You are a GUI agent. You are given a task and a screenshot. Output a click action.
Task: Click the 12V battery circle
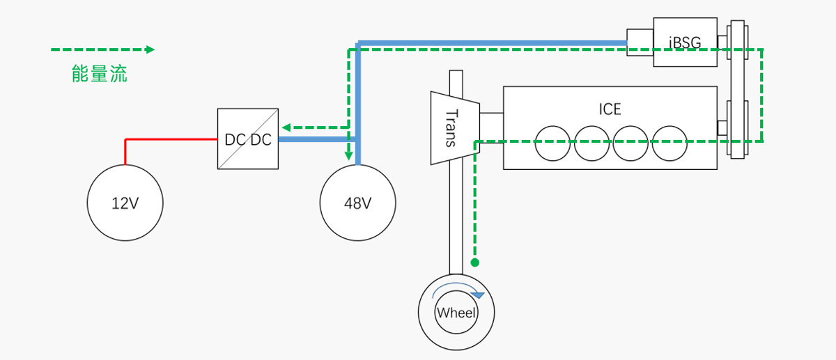(x=125, y=203)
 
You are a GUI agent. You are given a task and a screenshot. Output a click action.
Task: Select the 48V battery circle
(x=357, y=203)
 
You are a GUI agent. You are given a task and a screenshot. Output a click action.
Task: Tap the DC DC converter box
(x=248, y=139)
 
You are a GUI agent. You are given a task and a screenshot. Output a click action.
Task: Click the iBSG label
(x=685, y=43)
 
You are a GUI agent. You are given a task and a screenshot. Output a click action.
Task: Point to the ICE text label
(x=610, y=109)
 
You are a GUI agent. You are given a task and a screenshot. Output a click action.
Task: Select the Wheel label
(x=456, y=313)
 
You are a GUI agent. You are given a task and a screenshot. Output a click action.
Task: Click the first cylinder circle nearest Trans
(x=552, y=142)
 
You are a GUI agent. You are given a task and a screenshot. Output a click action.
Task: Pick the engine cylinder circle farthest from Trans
(x=669, y=142)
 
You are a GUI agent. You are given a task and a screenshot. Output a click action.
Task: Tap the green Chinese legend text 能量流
(x=100, y=74)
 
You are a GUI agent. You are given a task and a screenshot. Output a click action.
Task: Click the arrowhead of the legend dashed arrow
(x=149, y=49)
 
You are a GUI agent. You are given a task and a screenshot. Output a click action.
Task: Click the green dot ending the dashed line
(x=475, y=263)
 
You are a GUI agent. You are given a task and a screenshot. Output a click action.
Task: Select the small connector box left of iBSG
(x=640, y=42)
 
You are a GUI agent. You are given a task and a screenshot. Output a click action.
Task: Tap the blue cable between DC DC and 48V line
(x=317, y=139)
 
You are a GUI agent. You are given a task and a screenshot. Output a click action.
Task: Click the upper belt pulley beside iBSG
(x=737, y=45)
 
